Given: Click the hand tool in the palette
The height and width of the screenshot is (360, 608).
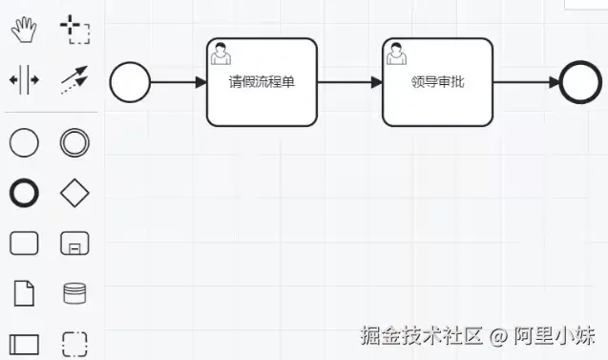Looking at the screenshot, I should [x=23, y=30].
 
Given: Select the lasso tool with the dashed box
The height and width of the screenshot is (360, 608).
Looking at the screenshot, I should [x=74, y=30].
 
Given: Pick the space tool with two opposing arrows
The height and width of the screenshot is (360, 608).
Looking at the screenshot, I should [x=23, y=80].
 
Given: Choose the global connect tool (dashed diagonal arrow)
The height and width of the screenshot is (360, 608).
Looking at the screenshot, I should [x=74, y=80].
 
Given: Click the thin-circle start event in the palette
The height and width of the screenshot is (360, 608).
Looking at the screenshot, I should [x=23, y=143].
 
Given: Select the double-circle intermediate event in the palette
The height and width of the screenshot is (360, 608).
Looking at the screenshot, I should [x=74, y=143].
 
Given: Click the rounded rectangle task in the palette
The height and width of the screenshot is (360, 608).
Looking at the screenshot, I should [x=23, y=244].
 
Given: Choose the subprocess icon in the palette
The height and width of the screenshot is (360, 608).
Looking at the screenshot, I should [x=74, y=244].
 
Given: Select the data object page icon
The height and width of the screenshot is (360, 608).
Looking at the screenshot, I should [x=23, y=293].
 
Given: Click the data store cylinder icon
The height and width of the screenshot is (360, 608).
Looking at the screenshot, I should [x=74, y=293].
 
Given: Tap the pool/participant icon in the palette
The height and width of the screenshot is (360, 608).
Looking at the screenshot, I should [x=23, y=343].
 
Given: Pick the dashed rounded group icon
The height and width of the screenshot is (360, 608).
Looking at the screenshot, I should [x=74, y=343].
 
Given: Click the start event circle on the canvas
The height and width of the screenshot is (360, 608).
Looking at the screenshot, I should [x=130, y=83].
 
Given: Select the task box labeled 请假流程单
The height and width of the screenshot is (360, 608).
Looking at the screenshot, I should [x=262, y=82].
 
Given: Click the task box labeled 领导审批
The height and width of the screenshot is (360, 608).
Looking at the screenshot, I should [x=437, y=82].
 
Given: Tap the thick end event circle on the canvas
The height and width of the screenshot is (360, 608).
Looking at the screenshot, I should [x=579, y=83].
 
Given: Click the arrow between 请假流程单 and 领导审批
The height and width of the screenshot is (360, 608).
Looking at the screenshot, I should [x=349, y=82].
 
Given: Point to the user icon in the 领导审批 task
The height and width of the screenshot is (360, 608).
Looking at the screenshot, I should [x=396, y=54].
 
